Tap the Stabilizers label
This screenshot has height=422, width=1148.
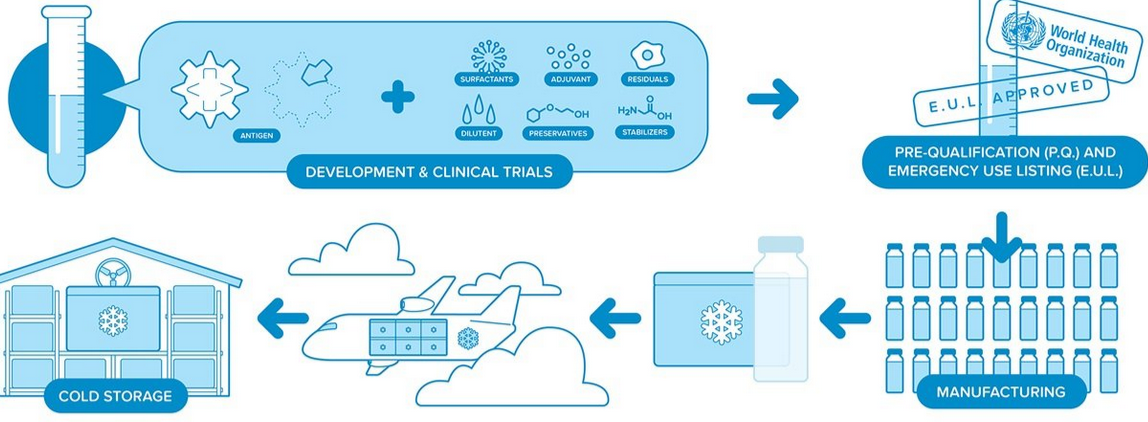tap(644, 132)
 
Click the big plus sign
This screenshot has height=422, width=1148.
tap(397, 97)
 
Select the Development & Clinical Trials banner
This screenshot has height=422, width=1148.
tap(428, 172)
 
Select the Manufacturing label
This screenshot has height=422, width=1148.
tap(1001, 392)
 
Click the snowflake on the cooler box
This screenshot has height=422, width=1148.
tap(721, 322)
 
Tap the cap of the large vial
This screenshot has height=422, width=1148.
tap(780, 244)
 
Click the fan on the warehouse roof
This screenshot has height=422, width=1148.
tap(112, 275)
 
